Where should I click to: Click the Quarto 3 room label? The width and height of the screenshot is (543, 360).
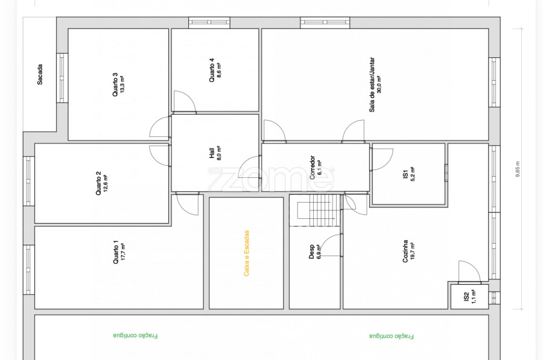[x=115, y=84]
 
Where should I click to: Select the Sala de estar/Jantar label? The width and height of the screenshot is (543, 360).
[x=372, y=84]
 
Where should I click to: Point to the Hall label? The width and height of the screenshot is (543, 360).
[x=212, y=153]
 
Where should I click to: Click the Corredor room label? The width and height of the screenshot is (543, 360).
[x=313, y=167]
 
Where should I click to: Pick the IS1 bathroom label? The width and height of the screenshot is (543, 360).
[x=405, y=174]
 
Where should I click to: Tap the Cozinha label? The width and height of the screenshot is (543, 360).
[x=405, y=251]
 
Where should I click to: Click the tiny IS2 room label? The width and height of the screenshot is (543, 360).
[x=466, y=297]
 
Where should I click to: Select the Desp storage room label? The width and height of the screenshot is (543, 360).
[x=312, y=251]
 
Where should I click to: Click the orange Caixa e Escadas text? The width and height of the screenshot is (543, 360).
[x=247, y=253]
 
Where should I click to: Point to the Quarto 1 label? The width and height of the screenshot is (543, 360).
[x=116, y=252]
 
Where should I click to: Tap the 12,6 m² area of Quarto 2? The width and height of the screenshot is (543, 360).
[x=105, y=183]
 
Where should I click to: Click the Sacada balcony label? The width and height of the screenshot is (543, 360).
[x=40, y=74]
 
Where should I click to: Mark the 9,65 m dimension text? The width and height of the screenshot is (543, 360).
[x=518, y=169]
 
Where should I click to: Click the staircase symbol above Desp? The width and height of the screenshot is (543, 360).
[x=317, y=210]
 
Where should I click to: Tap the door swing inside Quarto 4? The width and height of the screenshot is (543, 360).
[x=184, y=101]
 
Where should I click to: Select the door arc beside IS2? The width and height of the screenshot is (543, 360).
[x=469, y=271]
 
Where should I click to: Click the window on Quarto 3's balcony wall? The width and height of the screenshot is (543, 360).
[x=62, y=78]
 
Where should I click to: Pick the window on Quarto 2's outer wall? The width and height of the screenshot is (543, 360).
[x=29, y=181]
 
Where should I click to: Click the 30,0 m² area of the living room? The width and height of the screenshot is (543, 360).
[x=379, y=84]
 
